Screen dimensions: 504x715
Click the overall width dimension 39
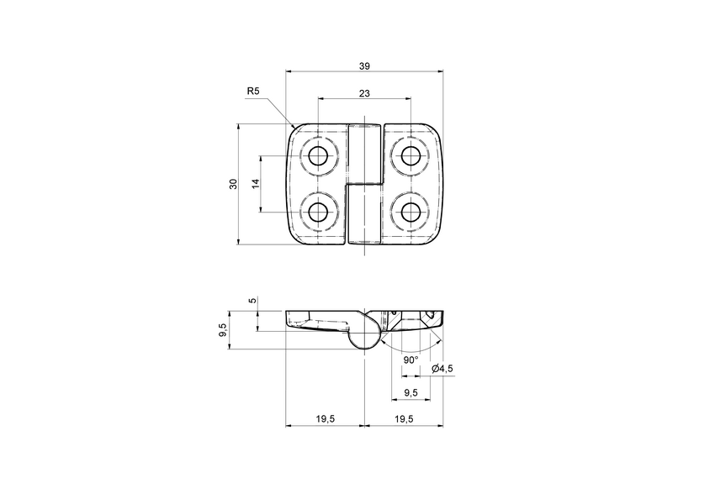point(363,66)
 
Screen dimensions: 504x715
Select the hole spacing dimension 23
point(363,94)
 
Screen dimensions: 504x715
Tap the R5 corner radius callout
point(253,91)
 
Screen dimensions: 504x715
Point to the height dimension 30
point(233,184)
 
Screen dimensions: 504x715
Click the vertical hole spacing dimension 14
point(254,184)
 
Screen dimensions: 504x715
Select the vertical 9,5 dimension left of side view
point(222,331)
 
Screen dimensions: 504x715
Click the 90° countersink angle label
point(410,360)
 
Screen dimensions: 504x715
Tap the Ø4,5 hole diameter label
point(442,369)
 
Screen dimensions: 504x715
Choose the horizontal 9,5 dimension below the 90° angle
point(410,392)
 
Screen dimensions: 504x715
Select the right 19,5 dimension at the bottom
point(403,417)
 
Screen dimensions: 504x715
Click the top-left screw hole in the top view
point(318,156)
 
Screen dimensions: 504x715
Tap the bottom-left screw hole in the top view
point(318,212)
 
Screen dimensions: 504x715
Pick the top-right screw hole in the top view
point(410,156)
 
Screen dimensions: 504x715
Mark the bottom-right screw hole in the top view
point(410,212)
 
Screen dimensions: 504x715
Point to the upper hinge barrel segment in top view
point(364,153)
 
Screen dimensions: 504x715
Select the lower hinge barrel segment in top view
point(364,214)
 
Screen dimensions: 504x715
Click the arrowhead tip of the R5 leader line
point(292,128)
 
